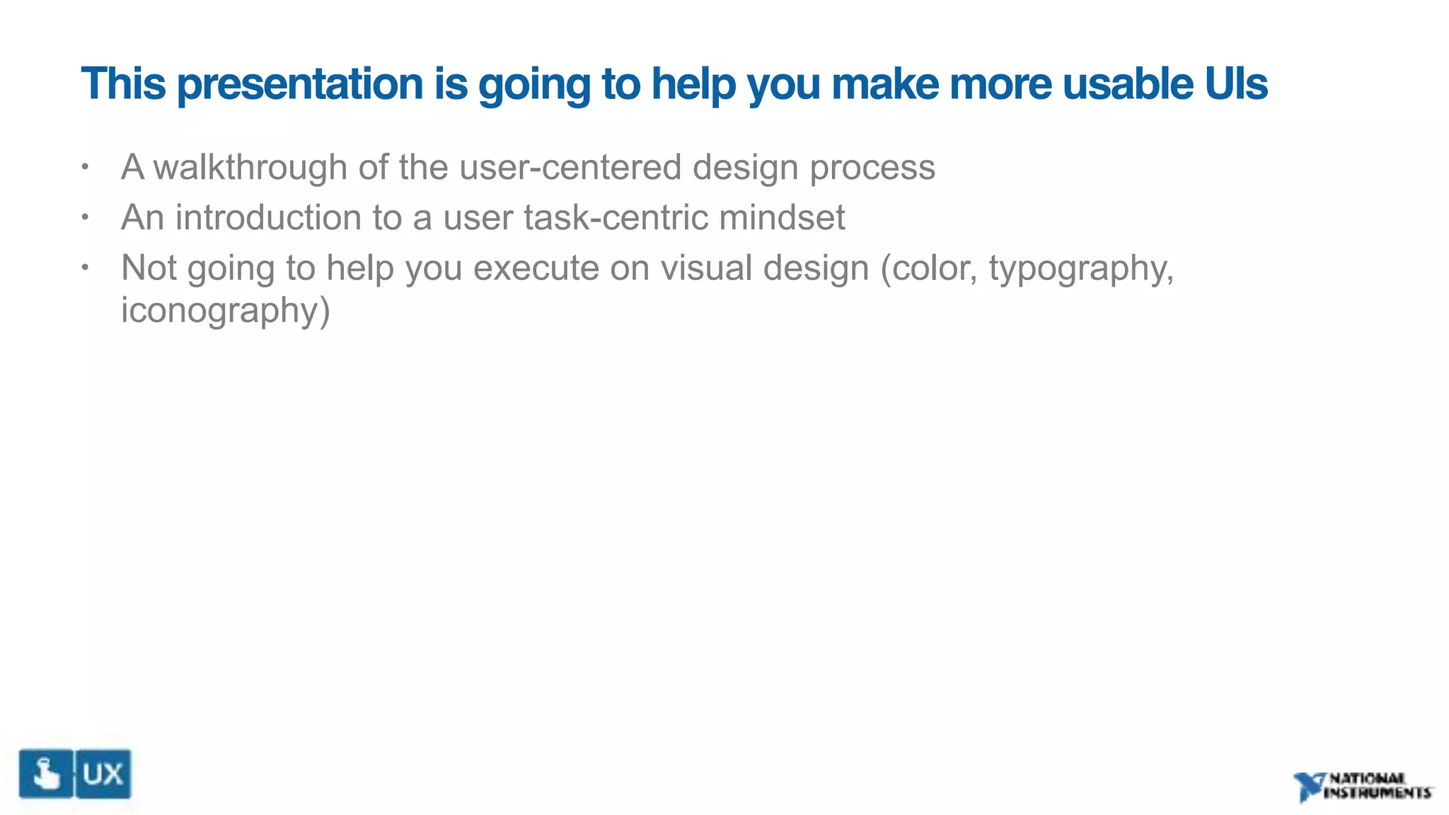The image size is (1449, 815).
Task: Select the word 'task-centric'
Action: pos(616,217)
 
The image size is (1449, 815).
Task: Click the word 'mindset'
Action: pos(782,217)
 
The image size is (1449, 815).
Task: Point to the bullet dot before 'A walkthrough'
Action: pos(85,168)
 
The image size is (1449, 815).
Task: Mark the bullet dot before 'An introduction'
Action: pos(85,217)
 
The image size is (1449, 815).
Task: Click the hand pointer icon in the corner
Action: pos(46,774)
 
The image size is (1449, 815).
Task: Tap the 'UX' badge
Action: pos(103,774)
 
